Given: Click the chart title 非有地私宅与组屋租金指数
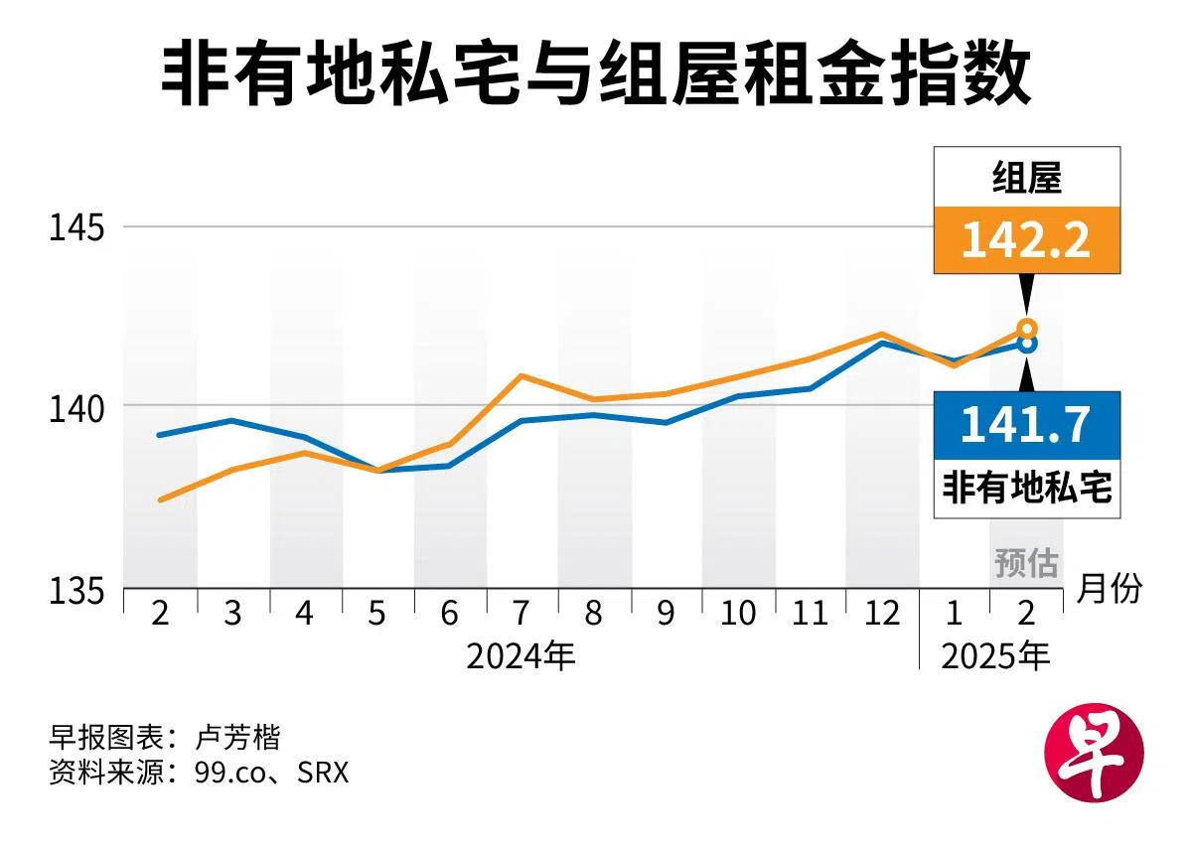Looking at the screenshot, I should coord(596,74).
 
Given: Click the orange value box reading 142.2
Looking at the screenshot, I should coord(1026,240).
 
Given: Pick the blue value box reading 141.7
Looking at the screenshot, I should coord(1026,424).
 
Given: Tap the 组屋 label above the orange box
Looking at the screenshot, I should coord(1026,179).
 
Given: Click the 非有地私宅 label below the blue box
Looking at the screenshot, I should coord(1026,489).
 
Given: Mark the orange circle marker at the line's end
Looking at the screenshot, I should coord(1027,329).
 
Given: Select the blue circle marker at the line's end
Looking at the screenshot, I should coord(1027,344).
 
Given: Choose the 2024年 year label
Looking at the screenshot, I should coord(521,656).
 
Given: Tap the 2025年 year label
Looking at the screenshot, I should coord(994,656).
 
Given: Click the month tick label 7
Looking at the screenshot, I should coord(521,614).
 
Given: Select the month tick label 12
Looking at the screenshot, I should coord(882,614).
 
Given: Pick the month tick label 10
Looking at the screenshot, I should coord(738,614).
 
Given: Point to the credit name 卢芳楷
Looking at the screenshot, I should coord(238,738).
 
